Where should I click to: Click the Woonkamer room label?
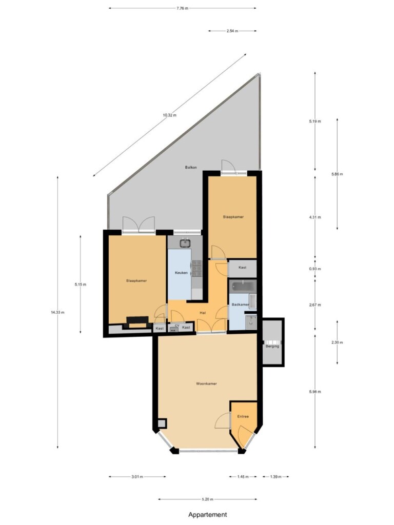tap(206, 383)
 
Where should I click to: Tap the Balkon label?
tap(191, 167)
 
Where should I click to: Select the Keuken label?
tap(181, 273)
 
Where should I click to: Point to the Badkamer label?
tap(241, 305)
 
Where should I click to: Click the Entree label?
tap(243, 416)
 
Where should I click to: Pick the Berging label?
tap(272, 346)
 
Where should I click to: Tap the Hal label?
tap(202, 313)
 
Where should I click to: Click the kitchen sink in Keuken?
tap(185, 243)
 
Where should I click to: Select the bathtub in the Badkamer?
tap(243, 286)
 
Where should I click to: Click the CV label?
tap(177, 326)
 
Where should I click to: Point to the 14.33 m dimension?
tap(57, 312)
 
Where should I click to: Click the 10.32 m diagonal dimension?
tap(169, 115)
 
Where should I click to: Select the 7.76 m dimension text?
tap(183, 8)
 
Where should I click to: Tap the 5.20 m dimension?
tap(208, 499)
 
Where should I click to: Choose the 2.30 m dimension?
tap(337, 342)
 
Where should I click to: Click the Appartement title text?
tap(208, 515)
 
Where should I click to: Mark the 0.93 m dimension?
tap(315, 269)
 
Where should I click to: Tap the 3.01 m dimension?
tap(137, 477)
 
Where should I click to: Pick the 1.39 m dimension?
tap(275, 477)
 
